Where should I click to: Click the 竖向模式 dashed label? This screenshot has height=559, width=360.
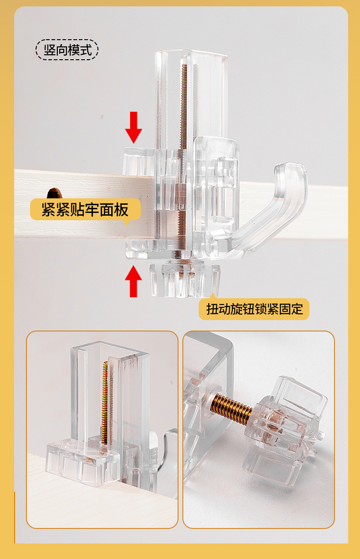point(67,50)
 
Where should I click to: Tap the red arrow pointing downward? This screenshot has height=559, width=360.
point(134,127)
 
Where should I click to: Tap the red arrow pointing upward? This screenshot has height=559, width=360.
point(134,281)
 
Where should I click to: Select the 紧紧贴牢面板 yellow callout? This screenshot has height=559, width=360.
point(85,210)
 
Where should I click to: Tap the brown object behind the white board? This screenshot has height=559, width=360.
point(54,193)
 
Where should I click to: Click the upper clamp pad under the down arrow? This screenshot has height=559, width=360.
point(139,161)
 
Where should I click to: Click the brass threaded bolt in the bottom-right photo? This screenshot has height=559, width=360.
point(231,408)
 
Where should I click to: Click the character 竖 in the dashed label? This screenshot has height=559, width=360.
point(49,50)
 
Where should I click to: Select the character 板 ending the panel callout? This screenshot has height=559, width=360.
point(121,210)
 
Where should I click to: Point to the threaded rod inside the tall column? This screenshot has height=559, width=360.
point(184,160)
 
